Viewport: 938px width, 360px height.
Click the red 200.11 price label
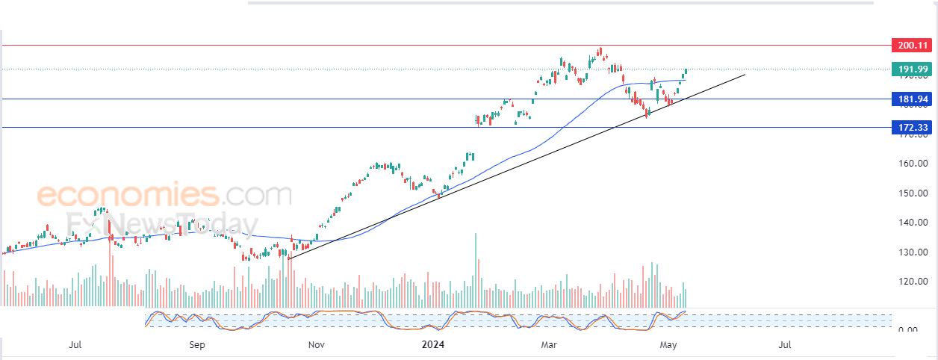tap(912, 46)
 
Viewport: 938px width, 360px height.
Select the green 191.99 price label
tap(912, 69)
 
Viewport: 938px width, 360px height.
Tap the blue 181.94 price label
tap(912, 99)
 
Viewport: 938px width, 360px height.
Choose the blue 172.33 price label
tap(912, 128)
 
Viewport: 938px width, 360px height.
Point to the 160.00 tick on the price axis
tap(912, 163)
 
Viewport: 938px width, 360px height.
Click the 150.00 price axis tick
tap(912, 193)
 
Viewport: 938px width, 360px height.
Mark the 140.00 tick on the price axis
tap(912, 223)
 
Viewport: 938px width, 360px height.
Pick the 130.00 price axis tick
tap(912, 252)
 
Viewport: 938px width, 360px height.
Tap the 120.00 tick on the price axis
tap(912, 282)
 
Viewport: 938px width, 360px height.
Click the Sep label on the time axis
tap(196, 345)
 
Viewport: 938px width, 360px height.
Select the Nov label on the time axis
tap(316, 345)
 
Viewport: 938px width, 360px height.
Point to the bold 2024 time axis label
tap(433, 345)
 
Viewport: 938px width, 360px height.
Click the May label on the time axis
tap(668, 345)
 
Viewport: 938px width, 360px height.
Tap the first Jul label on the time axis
tap(75, 345)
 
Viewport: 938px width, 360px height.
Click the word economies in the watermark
tap(127, 196)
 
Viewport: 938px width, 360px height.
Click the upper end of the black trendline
tap(745, 74)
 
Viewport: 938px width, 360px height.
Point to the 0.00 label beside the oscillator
tap(907, 329)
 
